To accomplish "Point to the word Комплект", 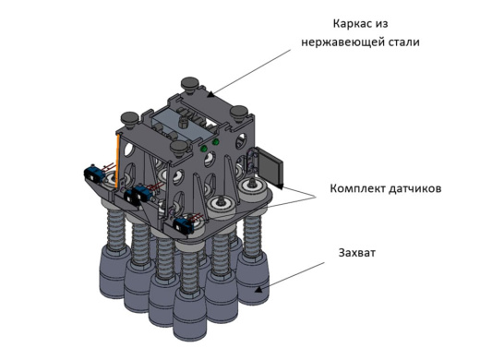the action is pyautogui.click(x=357, y=188).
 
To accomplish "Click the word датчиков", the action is pyautogui.click(x=415, y=188).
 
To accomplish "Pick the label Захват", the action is pyautogui.click(x=357, y=253).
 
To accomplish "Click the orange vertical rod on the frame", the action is pyautogui.click(x=117, y=161).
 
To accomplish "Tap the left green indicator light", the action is pyautogui.click(x=203, y=149).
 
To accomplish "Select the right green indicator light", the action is pyautogui.click(x=216, y=142).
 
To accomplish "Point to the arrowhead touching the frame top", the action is pyautogui.click(x=210, y=94).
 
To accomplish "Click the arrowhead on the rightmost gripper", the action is pyautogui.click(x=259, y=289).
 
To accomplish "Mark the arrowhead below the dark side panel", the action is pyautogui.click(x=280, y=186).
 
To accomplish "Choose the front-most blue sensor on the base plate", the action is pyautogui.click(x=184, y=226).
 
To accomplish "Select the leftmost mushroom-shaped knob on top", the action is pyautogui.click(x=130, y=119).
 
